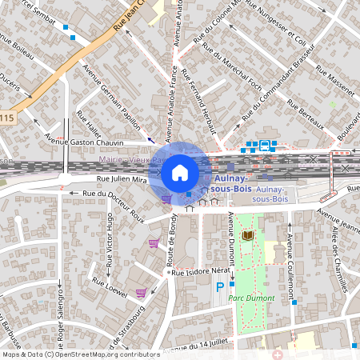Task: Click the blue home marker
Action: coord(180,171)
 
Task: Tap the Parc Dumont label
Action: coord(250,297)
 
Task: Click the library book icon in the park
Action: coord(248,236)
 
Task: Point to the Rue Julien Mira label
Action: coord(122,180)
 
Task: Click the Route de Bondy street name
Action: coord(171,240)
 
